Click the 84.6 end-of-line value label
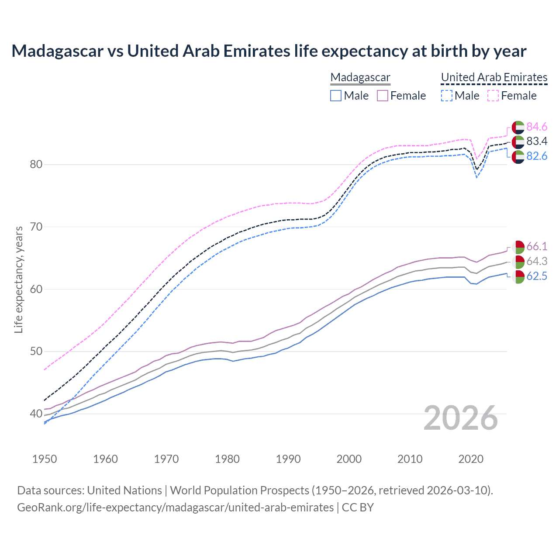[x=537, y=127]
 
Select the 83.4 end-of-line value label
[x=537, y=141]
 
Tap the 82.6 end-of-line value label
[x=537, y=156]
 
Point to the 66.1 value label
[x=537, y=246]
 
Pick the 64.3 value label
[x=537, y=261]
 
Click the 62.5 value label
[x=537, y=276]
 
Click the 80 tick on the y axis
[x=36, y=165]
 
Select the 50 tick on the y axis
[x=36, y=351]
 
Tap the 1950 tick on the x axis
[x=45, y=459]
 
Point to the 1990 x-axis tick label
[x=288, y=459]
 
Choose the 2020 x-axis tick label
[x=471, y=459]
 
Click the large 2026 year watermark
[x=460, y=418]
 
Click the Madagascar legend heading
[x=360, y=77]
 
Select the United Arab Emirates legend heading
[x=494, y=77]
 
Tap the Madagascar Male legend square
[x=335, y=96]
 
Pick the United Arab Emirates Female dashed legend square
[x=493, y=96]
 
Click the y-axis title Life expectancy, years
[x=18, y=279]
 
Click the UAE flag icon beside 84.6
[x=518, y=127]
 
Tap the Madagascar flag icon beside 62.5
[x=518, y=276]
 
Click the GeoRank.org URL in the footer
[x=175, y=507]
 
